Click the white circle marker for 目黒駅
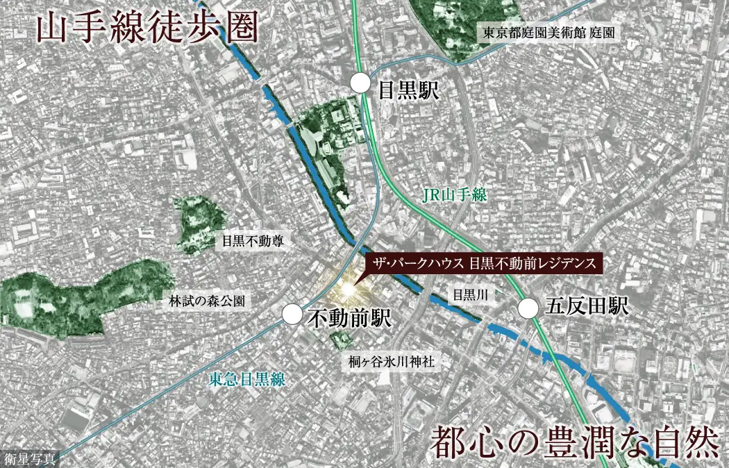pyautogui.click(x=360, y=83)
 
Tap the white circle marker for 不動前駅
pyautogui.click(x=293, y=315)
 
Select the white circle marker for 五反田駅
pyautogui.click(x=529, y=306)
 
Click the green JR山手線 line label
pyautogui.click(x=454, y=197)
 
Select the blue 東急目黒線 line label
pyautogui.click(x=247, y=379)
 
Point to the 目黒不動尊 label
pyautogui.click(x=253, y=242)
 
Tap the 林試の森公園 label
pyautogui.click(x=208, y=302)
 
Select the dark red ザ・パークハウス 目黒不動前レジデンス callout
pyautogui.click(x=483, y=264)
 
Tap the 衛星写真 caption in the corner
pyautogui.click(x=30, y=458)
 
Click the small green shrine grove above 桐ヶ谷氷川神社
pyautogui.click(x=340, y=340)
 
